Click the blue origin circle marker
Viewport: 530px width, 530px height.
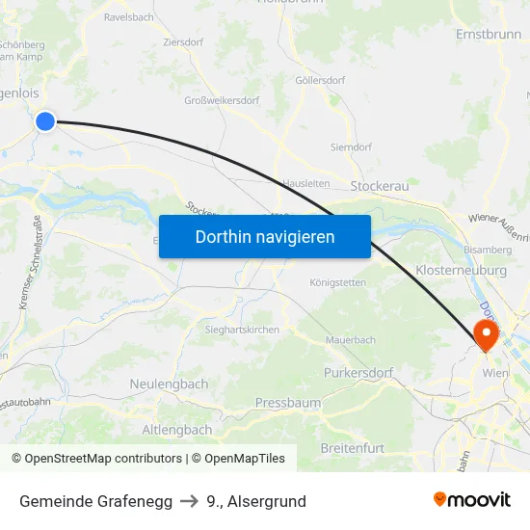click(45, 120)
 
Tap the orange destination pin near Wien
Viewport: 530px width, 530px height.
click(486, 334)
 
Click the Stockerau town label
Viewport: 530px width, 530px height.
click(380, 185)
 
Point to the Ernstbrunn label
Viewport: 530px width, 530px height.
click(488, 34)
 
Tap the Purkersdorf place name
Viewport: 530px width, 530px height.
click(358, 372)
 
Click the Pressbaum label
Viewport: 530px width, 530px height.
click(288, 402)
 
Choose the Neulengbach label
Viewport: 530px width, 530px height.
click(169, 384)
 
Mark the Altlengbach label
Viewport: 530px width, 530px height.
click(176, 429)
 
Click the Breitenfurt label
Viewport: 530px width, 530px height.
click(352, 448)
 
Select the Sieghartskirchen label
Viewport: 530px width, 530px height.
click(242, 330)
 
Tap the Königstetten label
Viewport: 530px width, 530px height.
click(337, 282)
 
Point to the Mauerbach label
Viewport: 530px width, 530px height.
click(350, 340)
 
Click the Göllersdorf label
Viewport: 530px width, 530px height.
click(320, 80)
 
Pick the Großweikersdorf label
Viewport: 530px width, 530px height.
click(222, 100)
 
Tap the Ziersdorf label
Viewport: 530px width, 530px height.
click(183, 42)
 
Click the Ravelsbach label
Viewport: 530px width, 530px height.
click(128, 17)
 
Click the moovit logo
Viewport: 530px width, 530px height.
click(471, 500)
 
